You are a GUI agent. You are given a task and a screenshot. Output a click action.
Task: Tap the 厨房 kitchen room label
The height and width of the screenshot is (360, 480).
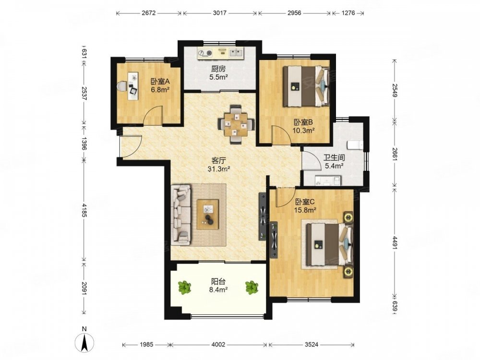(218, 69)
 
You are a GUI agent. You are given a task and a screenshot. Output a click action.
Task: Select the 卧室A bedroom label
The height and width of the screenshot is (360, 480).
(160, 82)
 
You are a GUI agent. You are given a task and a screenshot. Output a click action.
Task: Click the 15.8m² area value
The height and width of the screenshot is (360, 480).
(305, 210)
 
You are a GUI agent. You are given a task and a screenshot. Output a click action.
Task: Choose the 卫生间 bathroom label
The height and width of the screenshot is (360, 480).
(334, 158)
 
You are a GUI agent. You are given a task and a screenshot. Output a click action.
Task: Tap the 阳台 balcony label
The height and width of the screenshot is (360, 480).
(218, 281)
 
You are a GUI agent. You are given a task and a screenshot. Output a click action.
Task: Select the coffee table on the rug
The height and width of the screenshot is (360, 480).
(208, 214)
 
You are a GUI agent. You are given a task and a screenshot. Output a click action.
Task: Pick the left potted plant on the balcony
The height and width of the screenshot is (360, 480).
(185, 288)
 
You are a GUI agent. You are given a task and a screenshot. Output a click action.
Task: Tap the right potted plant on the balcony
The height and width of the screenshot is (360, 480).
(252, 288)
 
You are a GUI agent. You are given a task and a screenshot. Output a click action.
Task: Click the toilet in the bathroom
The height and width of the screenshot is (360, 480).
(355, 145)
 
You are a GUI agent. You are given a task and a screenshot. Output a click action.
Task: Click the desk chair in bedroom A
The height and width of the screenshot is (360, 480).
(122, 86)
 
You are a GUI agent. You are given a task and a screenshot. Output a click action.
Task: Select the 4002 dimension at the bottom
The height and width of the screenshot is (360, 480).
(218, 344)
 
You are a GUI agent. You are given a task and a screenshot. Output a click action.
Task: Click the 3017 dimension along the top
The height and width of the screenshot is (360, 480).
(219, 13)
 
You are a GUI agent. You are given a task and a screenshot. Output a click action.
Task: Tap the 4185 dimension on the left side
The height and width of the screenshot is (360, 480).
(84, 210)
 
